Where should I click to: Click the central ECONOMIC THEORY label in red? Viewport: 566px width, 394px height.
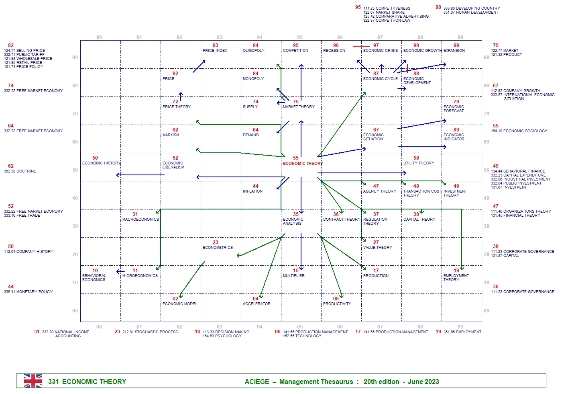coord(303,164)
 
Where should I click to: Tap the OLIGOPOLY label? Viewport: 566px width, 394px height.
coord(254,51)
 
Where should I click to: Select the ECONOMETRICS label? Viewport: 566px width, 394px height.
coord(218,248)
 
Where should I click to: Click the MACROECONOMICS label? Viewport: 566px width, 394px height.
coord(140,220)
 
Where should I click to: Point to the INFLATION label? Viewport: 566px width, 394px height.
coord(252,191)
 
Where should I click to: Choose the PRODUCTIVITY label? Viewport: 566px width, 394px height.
coord(337,304)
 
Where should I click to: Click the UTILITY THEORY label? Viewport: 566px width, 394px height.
coord(419,163)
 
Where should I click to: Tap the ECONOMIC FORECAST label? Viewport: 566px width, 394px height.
coord(454,109)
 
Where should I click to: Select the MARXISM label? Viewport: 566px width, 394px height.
coord(171,135)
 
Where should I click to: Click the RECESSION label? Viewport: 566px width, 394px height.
coord(334,51)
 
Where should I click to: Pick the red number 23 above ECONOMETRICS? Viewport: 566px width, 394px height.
coord(216,242)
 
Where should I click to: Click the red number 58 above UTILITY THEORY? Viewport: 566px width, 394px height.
coord(416,158)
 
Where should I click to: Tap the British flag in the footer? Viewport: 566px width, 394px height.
coord(33,381)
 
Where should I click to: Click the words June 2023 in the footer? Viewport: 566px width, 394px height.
coord(423,382)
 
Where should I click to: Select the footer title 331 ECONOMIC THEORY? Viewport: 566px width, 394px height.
coord(87,382)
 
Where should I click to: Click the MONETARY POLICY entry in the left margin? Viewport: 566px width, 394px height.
coord(34,292)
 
